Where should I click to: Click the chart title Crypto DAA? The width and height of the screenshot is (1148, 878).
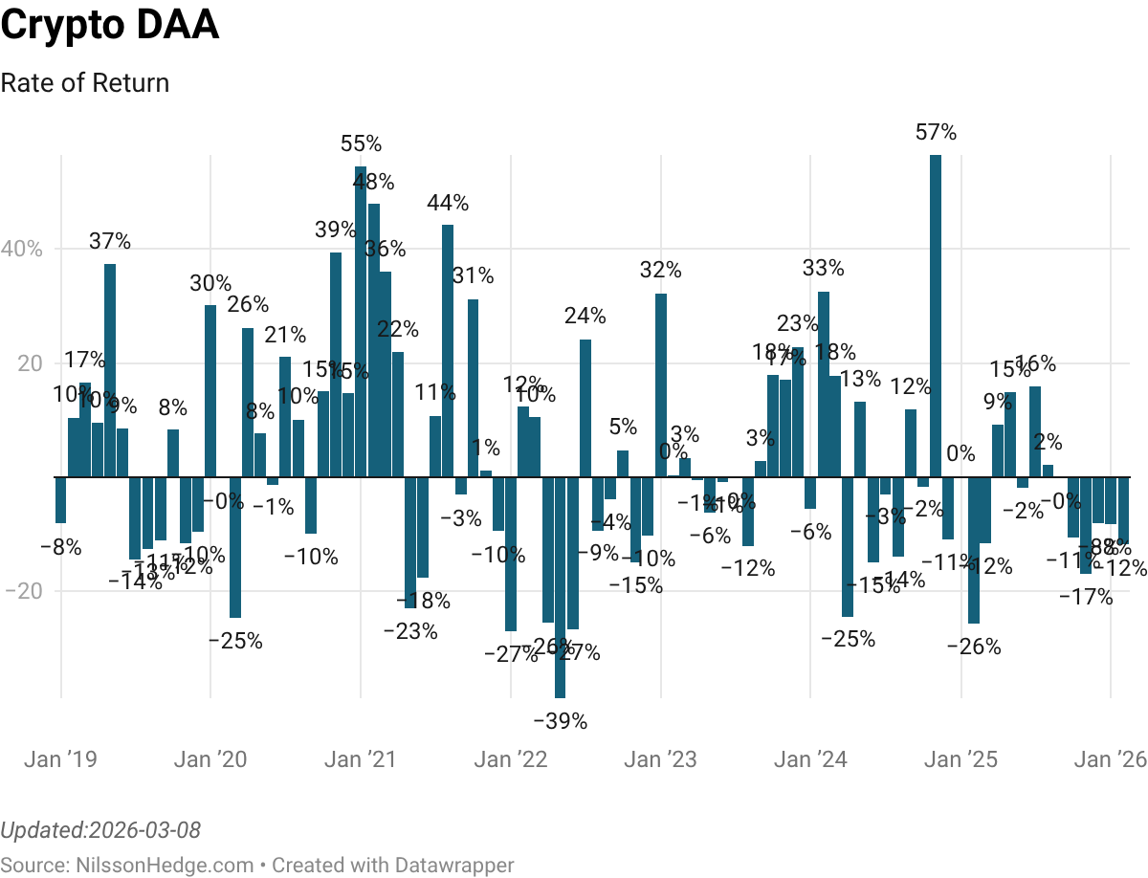tap(110, 26)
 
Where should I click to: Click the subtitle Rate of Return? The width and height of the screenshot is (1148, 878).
tap(85, 83)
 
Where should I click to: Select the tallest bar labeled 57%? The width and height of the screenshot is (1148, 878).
tap(936, 316)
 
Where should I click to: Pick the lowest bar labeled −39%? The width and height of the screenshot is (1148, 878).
tap(560, 587)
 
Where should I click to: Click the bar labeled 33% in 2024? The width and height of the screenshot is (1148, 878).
tap(824, 384)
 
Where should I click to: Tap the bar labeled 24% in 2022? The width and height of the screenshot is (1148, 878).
tap(585, 407)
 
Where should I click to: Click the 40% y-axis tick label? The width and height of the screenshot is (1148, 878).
tap(23, 250)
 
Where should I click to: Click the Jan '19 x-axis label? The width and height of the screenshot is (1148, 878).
tap(60, 760)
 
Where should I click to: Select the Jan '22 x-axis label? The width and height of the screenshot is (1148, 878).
tap(511, 760)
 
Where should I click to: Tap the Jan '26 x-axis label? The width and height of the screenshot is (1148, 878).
tap(1110, 760)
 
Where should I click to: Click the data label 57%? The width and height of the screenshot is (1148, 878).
tap(936, 133)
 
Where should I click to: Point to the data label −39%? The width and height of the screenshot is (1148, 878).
tap(560, 721)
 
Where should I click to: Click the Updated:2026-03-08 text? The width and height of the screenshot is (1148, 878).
tap(100, 829)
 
